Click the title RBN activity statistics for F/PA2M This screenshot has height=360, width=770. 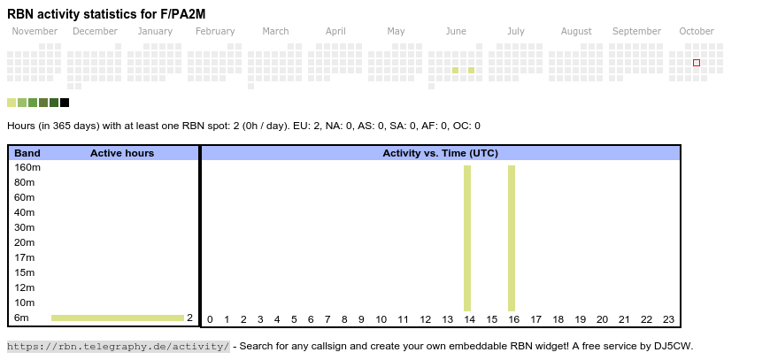click(106, 14)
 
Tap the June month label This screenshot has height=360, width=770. click(456, 32)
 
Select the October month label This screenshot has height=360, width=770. click(697, 32)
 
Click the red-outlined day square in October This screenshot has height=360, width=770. click(697, 63)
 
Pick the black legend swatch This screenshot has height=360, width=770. click(65, 103)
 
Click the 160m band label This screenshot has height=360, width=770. click(27, 167)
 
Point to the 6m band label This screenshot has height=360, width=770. click(22, 318)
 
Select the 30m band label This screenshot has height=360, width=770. click(25, 227)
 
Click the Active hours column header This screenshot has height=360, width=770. click(122, 153)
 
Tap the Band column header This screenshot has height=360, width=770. click(27, 153)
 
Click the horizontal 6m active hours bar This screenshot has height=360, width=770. click(118, 318)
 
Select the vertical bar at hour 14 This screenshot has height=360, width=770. click(467, 238)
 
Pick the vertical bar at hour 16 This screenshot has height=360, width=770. click(512, 238)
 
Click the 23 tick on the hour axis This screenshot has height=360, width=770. click(669, 320)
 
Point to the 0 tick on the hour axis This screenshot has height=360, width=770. click(210, 320)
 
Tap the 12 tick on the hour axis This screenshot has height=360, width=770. click(426, 320)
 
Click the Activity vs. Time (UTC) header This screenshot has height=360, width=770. click(440, 153)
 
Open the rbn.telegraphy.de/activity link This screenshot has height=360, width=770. click(119, 346)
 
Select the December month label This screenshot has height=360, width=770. click(95, 32)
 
